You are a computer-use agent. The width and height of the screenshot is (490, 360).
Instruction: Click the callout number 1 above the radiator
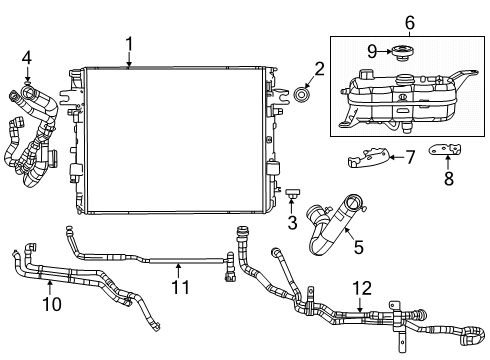[x=129, y=43]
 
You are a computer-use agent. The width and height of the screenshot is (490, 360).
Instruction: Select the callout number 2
[x=319, y=69]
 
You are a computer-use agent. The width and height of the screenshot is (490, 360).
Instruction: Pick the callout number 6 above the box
[x=408, y=22]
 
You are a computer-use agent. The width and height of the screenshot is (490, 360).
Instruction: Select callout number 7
[x=408, y=156]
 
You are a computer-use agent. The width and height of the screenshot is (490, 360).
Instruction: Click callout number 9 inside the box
[x=373, y=50]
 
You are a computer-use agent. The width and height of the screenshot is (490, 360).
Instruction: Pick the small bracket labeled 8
[x=447, y=150]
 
